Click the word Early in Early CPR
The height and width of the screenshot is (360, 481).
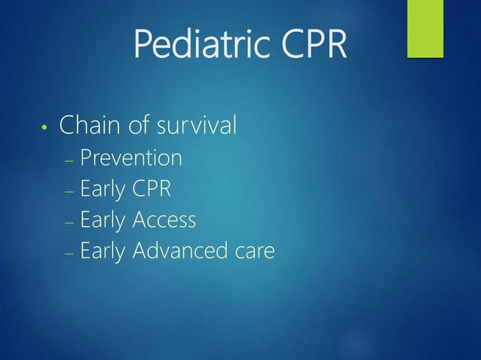(x=103, y=190)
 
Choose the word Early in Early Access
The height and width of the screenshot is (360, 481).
(x=103, y=221)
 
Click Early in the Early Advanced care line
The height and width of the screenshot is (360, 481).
(x=103, y=252)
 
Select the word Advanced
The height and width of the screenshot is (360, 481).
(x=180, y=251)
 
